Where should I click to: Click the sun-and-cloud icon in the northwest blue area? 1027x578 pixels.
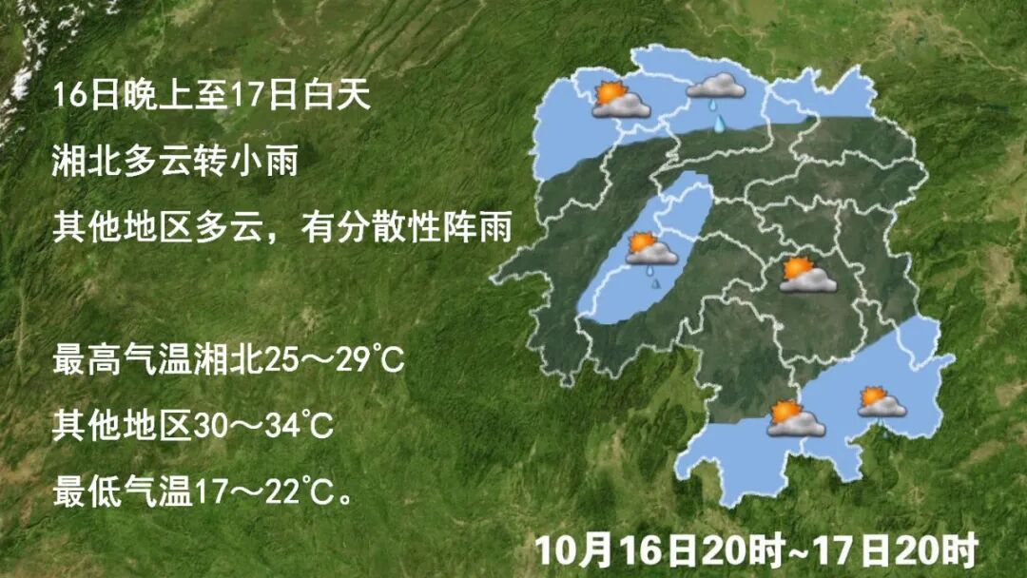(619, 100)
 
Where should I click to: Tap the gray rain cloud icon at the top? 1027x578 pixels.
(716, 87)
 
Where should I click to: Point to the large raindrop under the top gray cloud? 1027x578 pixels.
(720, 123)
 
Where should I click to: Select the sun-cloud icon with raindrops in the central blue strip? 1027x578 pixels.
(651, 251)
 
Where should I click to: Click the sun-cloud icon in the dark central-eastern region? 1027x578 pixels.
(807, 275)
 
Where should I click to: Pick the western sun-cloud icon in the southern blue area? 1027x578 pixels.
(794, 418)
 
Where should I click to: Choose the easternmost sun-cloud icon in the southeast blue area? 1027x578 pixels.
(882, 402)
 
